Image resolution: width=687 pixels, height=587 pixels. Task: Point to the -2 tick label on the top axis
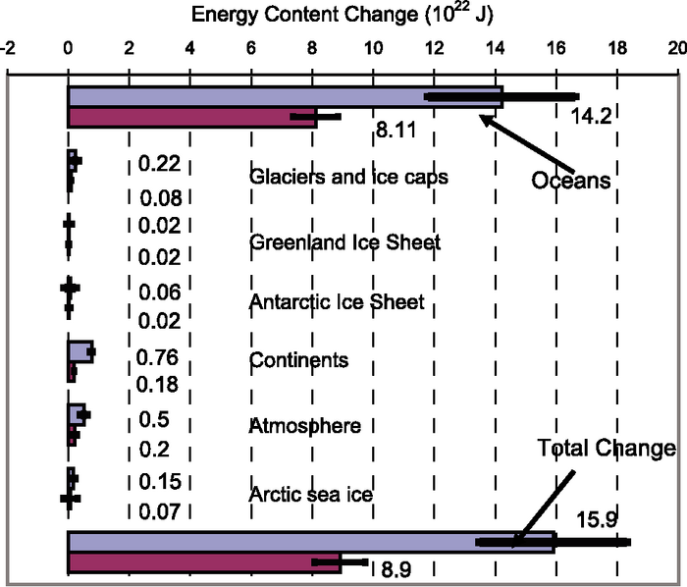pos(10,47)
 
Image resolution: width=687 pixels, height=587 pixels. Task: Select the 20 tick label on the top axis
pos(676,47)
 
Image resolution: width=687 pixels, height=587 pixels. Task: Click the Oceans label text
pos(572,182)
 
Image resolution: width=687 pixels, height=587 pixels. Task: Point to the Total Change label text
pos(607,449)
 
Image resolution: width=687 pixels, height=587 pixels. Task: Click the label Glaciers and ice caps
pos(349,177)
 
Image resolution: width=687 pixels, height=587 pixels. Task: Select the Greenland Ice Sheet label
pos(345,241)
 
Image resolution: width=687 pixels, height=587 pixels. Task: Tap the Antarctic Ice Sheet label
pos(338,301)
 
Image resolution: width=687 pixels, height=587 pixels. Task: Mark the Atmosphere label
pos(305,426)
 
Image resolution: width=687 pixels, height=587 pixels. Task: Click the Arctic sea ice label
pos(311,494)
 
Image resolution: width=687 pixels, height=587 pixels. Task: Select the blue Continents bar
pos(79,352)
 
